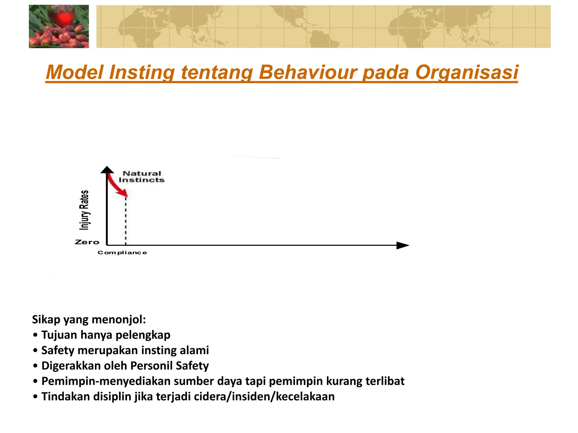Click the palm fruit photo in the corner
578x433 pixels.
point(59,26)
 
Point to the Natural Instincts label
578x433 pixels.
point(141,177)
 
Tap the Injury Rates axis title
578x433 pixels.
point(84,210)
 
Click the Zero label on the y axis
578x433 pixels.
point(87,242)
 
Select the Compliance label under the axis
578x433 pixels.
point(122,253)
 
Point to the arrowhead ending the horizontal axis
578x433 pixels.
point(402,246)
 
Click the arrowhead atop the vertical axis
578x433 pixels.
point(107,170)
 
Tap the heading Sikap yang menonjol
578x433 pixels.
point(89,320)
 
